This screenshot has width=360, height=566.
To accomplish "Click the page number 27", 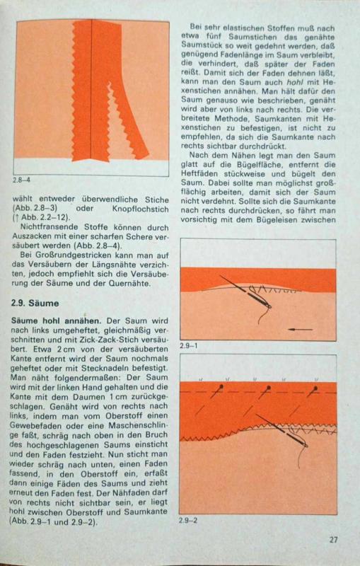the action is point(334,539).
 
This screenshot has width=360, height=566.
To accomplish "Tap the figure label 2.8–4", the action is point(22,180).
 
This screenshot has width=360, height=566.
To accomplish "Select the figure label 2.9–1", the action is point(189,345).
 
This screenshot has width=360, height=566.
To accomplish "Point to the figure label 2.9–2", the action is point(188,520).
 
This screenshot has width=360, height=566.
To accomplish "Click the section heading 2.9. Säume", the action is point(35,304).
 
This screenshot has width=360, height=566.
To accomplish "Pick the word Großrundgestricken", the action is point(77,255).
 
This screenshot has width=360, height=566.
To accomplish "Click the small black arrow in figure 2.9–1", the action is point(301,329).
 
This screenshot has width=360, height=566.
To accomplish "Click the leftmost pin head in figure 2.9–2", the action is point(220,387).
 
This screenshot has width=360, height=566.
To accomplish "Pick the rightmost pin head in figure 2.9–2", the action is point(316,388).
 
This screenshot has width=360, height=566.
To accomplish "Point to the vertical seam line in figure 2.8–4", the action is point(91,90).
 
